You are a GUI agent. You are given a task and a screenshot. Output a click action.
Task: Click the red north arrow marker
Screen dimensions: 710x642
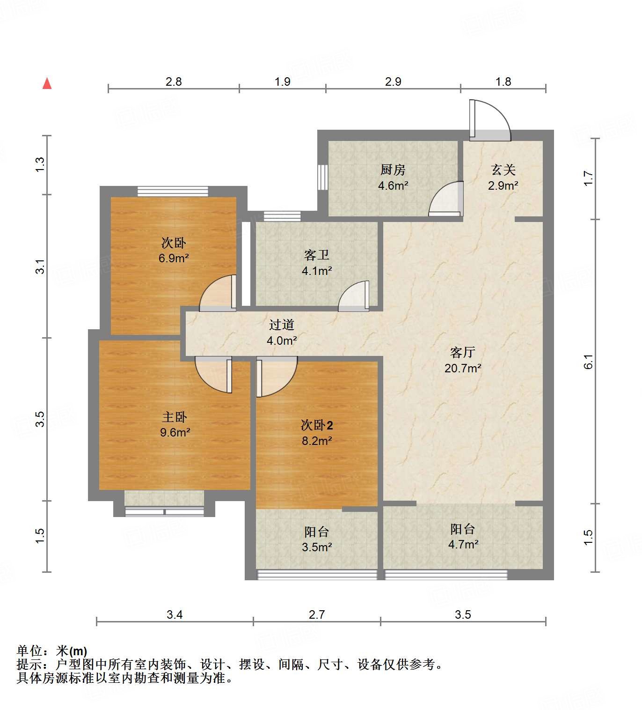coord(47,83)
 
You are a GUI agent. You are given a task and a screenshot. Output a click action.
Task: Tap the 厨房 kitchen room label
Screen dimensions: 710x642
coord(393,170)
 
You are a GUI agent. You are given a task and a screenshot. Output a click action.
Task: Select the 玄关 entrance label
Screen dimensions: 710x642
coord(503,170)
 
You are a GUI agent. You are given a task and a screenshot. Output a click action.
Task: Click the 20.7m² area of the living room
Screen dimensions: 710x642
coord(463,369)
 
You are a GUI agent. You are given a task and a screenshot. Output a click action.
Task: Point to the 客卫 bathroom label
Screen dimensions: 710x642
coord(317,255)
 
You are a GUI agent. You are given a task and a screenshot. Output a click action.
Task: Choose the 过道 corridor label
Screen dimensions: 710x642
coord(282,325)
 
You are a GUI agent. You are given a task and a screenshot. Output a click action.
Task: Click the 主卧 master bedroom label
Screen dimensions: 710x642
coord(175,417)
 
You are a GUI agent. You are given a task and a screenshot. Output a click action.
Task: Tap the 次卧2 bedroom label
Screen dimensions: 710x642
coord(317,425)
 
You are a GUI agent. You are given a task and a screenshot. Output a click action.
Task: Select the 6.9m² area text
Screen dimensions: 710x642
coord(174,258)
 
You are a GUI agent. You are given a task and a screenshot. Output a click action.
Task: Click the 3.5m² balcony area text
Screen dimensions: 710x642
coord(317,547)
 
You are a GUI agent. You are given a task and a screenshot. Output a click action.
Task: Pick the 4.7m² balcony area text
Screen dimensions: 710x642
coord(463,544)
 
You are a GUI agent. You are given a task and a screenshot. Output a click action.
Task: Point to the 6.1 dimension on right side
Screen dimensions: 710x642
coord(588,361)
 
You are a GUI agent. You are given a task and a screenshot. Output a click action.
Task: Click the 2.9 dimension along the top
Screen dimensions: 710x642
coord(393,81)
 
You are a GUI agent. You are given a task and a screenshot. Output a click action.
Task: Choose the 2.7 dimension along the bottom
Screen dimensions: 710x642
coord(316,614)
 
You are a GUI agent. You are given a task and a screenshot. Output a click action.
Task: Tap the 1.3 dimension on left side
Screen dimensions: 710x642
coord(40,164)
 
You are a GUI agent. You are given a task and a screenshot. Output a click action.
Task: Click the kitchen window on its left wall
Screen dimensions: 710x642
coord(323,177)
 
